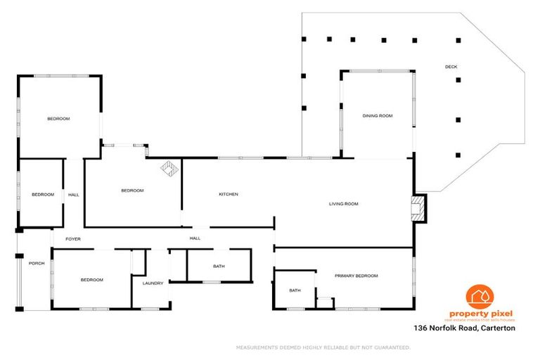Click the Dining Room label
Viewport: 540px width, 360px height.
click(377, 116)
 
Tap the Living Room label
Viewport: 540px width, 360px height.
click(344, 204)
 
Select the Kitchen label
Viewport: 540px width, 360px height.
click(229, 194)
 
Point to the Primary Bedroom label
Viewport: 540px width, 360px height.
click(356, 276)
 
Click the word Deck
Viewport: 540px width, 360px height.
click(451, 67)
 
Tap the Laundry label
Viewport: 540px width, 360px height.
click(153, 283)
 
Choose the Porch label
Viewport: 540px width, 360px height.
click(37, 264)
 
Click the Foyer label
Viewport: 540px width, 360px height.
click(73, 239)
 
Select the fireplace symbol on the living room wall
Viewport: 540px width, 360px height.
click(418, 209)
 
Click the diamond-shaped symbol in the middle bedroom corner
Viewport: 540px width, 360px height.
click(169, 169)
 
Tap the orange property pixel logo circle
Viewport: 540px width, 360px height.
click(481, 297)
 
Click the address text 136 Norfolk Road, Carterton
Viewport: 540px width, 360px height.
click(465, 328)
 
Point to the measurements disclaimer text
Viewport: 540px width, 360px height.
click(323, 347)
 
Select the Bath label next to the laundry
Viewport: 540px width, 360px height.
click(219, 266)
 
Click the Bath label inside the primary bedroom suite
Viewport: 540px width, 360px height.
click(295, 290)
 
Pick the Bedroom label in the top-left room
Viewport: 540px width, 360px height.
click(58, 119)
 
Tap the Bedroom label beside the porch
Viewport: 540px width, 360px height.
click(91, 280)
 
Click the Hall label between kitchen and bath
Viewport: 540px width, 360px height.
click(195, 238)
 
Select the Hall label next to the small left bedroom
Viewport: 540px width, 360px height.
click(73, 195)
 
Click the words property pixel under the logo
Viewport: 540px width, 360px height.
click(481, 314)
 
